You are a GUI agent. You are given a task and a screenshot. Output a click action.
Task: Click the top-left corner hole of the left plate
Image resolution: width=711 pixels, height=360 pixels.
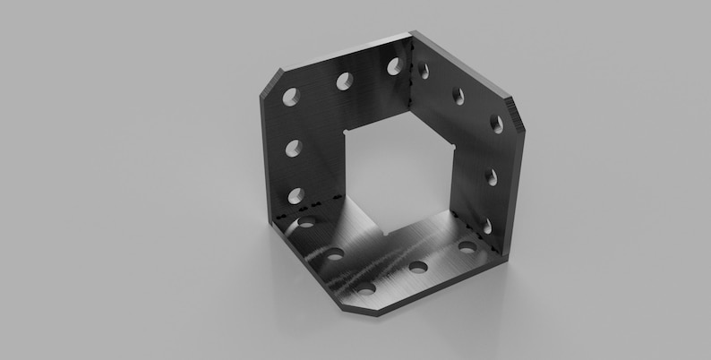(291, 95)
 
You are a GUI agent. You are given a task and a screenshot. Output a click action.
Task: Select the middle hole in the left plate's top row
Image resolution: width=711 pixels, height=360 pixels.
(344, 81)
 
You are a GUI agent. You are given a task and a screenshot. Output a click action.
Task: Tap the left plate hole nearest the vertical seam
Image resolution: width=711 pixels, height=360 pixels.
(393, 65)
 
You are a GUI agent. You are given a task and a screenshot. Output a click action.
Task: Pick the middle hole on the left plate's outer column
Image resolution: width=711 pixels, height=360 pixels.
(292, 147)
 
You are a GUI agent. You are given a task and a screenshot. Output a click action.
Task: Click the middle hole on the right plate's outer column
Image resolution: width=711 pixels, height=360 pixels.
(492, 176)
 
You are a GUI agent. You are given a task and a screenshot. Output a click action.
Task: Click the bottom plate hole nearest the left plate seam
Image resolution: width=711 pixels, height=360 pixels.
(307, 219)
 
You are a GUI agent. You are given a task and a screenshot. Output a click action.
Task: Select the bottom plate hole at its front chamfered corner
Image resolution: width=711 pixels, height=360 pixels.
(365, 288)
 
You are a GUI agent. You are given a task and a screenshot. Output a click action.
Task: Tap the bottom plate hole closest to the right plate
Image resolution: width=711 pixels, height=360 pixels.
(467, 245)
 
